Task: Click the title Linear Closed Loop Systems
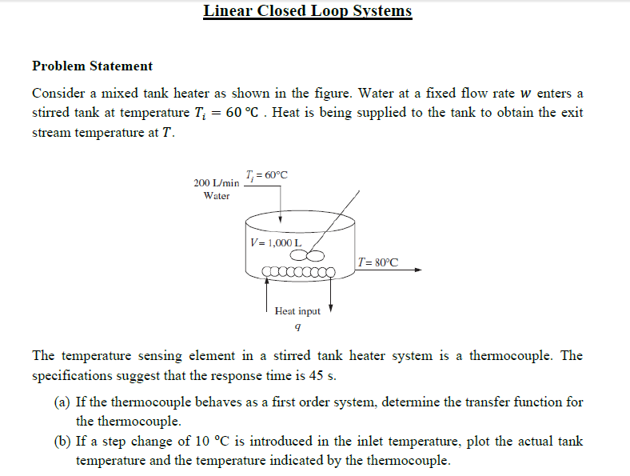(x=308, y=11)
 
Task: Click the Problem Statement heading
(x=92, y=66)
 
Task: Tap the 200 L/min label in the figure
(x=217, y=183)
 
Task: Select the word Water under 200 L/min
(x=217, y=196)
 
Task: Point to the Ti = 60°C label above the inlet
(x=267, y=175)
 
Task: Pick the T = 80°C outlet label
(x=378, y=262)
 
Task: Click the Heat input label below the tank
(x=297, y=311)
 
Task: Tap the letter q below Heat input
(x=297, y=326)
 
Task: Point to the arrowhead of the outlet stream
(x=417, y=270)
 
